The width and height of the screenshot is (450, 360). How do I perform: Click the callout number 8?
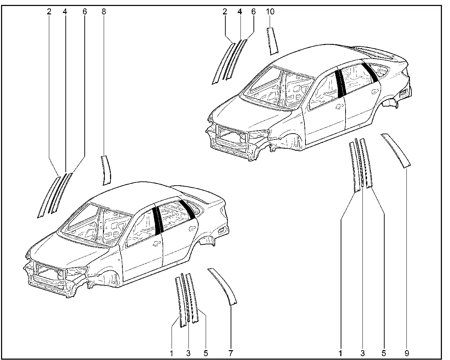pos(104,12)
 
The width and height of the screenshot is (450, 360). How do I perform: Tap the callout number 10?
pos(270,12)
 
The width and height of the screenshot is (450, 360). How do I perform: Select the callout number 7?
pos(231,353)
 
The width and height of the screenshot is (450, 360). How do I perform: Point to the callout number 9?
pos(407,353)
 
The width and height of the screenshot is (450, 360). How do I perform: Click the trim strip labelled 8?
pos(106,170)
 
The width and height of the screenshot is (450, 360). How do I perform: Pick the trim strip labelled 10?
pos(272,41)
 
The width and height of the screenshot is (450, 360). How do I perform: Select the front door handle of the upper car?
pos(339,107)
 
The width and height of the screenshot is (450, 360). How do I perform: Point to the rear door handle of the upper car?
pos(375,91)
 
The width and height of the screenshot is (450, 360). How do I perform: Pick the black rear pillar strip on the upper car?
pos(370,72)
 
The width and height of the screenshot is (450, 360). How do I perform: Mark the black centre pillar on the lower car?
pos(158,220)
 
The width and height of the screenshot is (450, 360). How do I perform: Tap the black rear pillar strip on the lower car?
pos(187,209)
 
